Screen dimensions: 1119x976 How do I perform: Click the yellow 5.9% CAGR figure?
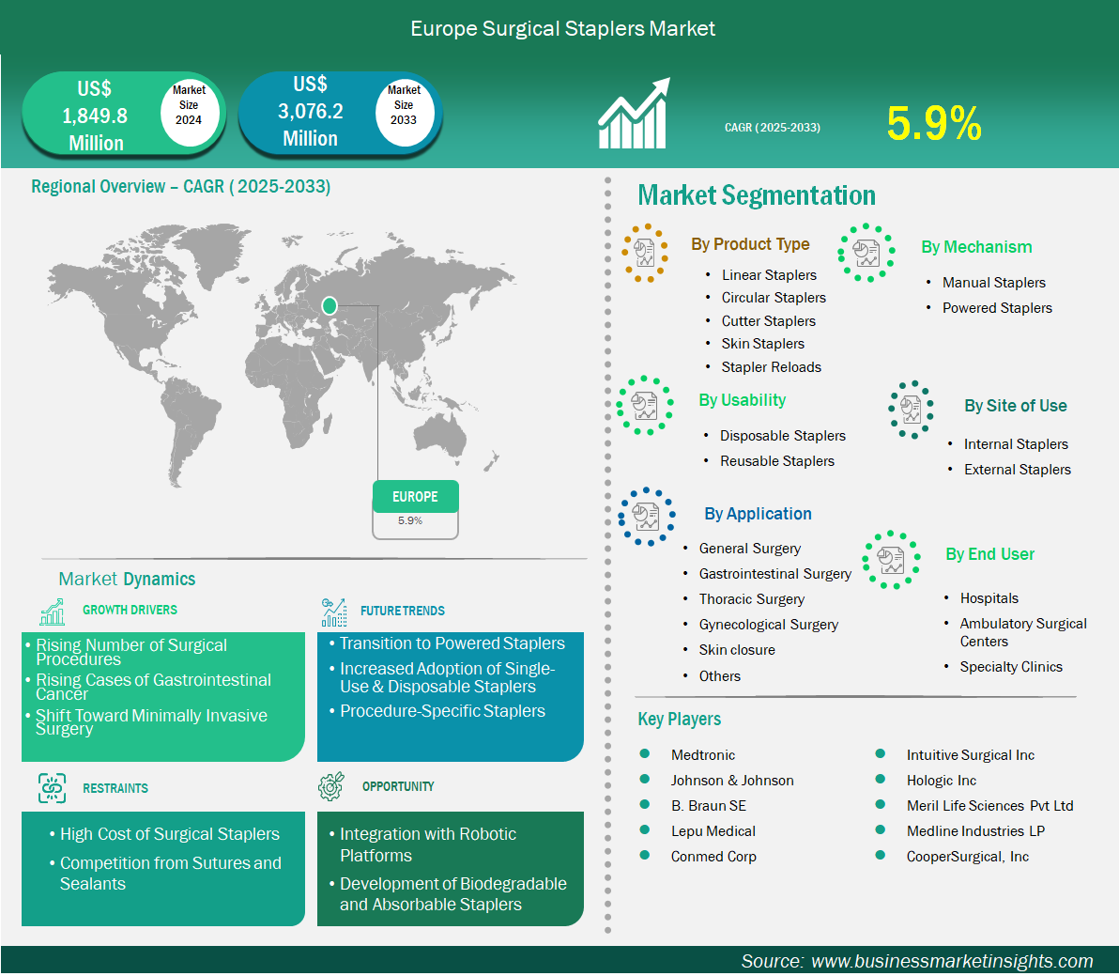[x=934, y=123]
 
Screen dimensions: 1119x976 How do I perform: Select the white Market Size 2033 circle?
[x=404, y=109]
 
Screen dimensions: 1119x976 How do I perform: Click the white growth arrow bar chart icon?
[x=634, y=114]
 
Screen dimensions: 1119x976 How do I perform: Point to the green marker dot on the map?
[x=329, y=306]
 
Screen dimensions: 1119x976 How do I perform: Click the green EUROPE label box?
[x=415, y=496]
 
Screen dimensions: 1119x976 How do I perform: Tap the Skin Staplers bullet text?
[x=762, y=344]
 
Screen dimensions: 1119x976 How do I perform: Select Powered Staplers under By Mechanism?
[x=997, y=308]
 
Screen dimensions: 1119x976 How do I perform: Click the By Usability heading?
[x=743, y=400]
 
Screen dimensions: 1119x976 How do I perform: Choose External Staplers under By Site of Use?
[x=1017, y=470]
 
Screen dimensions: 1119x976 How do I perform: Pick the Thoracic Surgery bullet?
[x=751, y=599]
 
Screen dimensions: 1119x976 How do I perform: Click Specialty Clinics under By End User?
[x=1010, y=667]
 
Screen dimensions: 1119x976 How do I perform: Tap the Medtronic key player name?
[x=702, y=755]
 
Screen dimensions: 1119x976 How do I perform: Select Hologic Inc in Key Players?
[x=942, y=781]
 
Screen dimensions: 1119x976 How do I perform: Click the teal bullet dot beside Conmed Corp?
[x=644, y=856]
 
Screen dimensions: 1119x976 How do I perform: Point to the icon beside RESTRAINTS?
[x=52, y=788]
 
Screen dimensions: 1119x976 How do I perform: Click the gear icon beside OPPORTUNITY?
[x=331, y=786]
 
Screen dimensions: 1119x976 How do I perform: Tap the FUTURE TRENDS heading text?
[x=403, y=612]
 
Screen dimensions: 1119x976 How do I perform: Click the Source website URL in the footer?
[x=952, y=961]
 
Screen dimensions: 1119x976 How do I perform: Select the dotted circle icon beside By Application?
[x=646, y=517]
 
